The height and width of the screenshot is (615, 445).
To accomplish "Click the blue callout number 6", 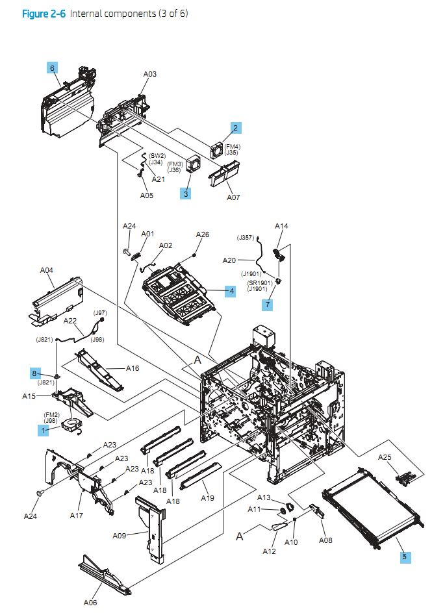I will tap(52, 67).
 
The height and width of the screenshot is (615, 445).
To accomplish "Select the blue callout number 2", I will tap(235, 128).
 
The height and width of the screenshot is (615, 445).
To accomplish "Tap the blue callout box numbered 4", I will tap(230, 292).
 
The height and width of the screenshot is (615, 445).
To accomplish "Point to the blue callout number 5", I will tap(405, 557).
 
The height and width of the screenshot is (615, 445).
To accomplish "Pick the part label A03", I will tap(150, 75).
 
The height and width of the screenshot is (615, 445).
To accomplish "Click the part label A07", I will tap(233, 197).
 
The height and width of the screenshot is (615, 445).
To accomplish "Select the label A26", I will tap(203, 234).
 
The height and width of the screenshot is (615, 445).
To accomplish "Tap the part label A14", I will tap(281, 226).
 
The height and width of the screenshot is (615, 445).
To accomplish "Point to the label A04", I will tap(47, 270).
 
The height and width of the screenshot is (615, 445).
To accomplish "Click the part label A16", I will tap(133, 368).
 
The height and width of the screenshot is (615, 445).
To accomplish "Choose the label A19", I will tap(207, 498).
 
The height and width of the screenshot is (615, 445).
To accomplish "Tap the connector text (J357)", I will tap(246, 238).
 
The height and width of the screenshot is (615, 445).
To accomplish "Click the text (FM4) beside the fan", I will tap(233, 147).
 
